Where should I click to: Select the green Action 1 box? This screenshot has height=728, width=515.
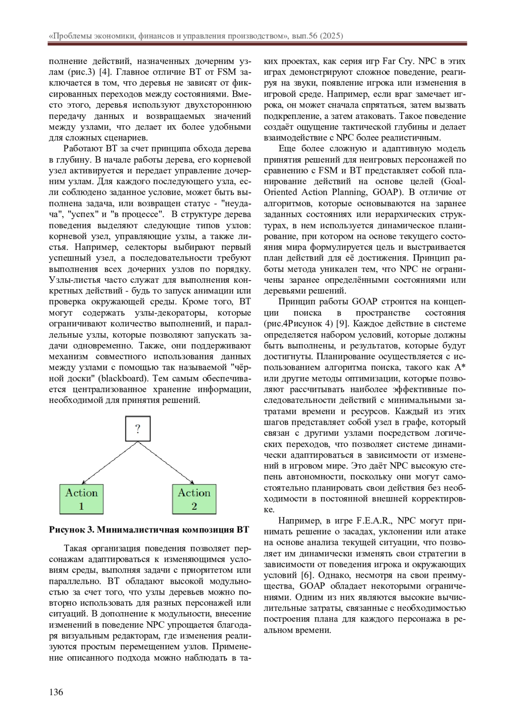(x=82, y=499)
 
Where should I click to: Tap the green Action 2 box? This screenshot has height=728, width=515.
(x=194, y=499)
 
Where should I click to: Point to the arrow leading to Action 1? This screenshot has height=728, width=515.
(x=107, y=463)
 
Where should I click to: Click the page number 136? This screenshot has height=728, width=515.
(x=56, y=692)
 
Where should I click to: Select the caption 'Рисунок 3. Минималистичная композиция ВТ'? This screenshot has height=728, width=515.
(x=149, y=529)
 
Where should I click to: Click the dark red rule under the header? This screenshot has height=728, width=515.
(x=257, y=44)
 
